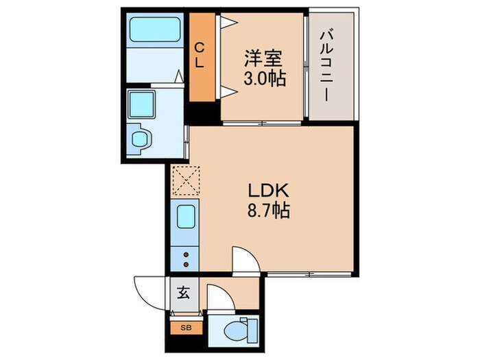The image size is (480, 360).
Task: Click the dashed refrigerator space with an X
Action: [184, 182]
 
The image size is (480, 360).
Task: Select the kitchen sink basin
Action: [185, 218]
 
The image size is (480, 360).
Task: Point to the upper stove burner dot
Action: [185, 254]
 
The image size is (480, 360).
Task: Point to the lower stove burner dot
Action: [185, 264]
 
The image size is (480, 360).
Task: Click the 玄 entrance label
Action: [183, 293]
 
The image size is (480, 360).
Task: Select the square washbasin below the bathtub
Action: [145, 103]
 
